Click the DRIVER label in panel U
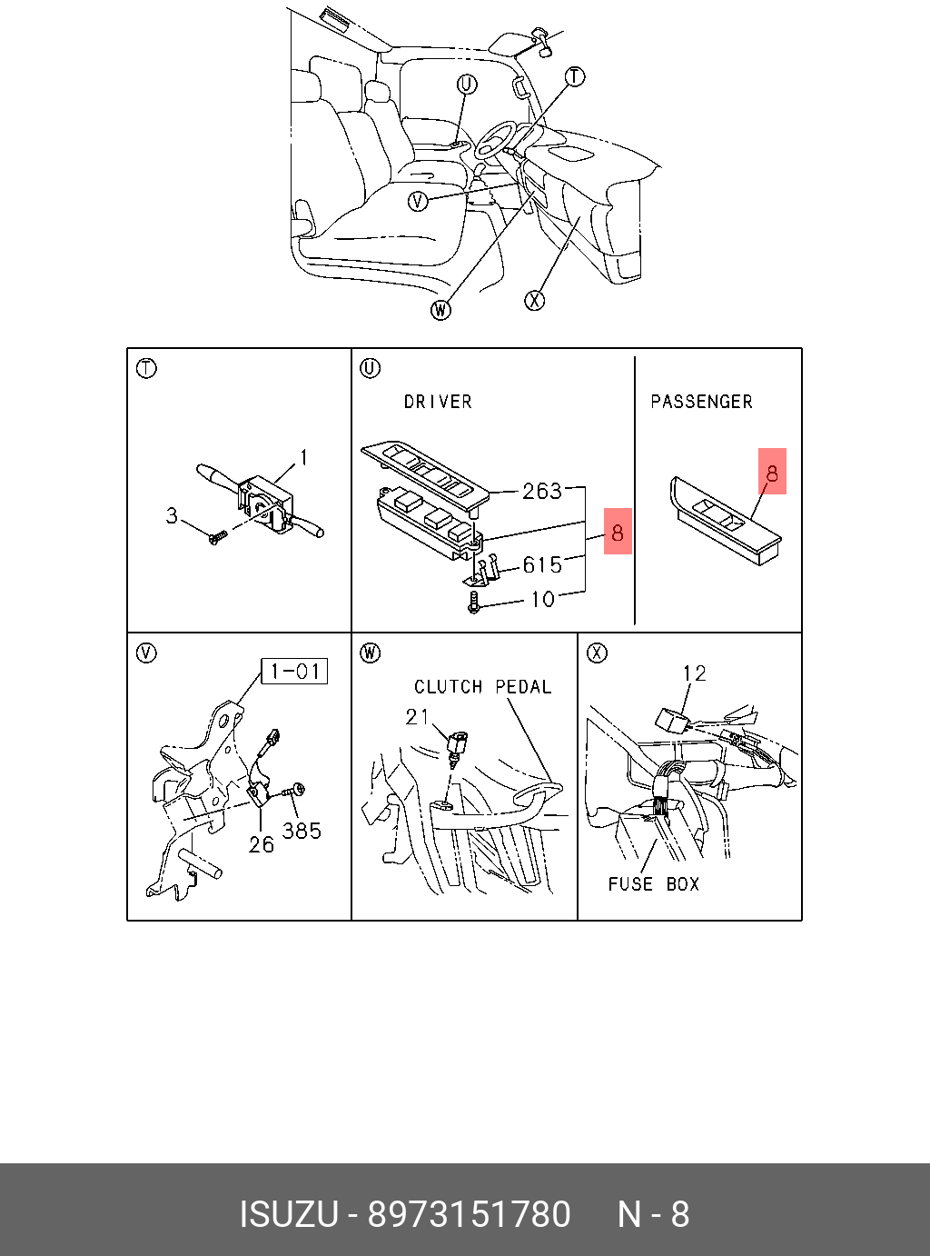[x=438, y=402]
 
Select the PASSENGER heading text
[x=701, y=402]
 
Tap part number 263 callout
[x=542, y=492]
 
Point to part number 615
[x=542, y=565]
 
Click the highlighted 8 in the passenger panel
[x=772, y=473]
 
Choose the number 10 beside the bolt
[x=542, y=600]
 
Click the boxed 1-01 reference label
[x=294, y=672]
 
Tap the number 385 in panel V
[x=302, y=831]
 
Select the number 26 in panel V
[x=262, y=845]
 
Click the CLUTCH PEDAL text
[x=483, y=687]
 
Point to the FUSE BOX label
[x=654, y=884]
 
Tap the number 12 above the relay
[x=695, y=673]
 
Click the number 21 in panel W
[x=418, y=717]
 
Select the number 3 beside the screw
[x=172, y=516]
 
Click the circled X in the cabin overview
[x=535, y=300]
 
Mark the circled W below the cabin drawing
[x=440, y=310]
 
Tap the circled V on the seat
[x=417, y=201]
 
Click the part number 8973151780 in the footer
[x=469, y=1214]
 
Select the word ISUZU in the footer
[x=288, y=1214]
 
